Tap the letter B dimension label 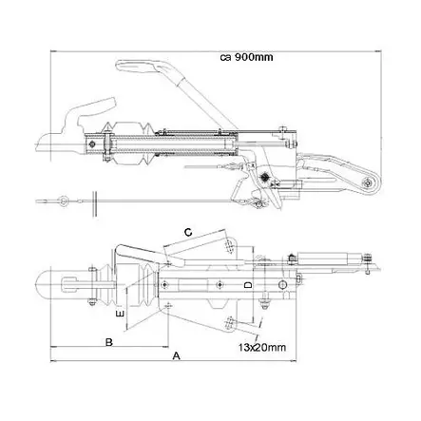coord(109,340)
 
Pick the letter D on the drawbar coord(246,284)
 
